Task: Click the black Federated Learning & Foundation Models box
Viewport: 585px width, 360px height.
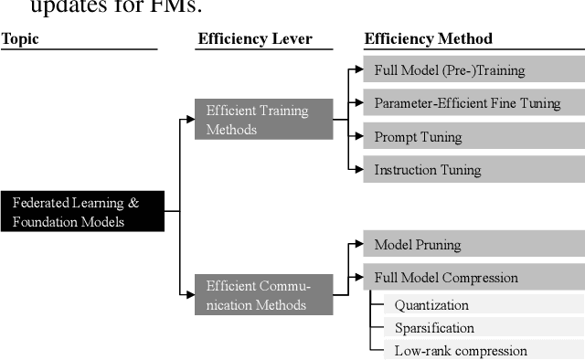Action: [x=81, y=212]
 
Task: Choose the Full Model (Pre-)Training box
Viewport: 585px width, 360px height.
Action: [x=473, y=70]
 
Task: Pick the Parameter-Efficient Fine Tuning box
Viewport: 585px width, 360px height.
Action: [x=473, y=103]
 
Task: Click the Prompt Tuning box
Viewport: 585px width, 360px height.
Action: [x=473, y=137]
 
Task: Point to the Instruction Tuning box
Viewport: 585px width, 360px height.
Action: [x=473, y=170]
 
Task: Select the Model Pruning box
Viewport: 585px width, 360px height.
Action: [x=473, y=245]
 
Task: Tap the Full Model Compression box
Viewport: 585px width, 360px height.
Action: [x=473, y=278]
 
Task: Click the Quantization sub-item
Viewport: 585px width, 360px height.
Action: [x=431, y=305]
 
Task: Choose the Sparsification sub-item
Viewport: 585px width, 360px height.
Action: [x=434, y=327]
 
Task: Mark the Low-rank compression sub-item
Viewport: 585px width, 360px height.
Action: [x=461, y=350]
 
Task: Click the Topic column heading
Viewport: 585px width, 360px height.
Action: [x=20, y=38]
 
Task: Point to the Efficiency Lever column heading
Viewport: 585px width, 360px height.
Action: [x=255, y=38]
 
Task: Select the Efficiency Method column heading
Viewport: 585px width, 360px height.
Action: [x=428, y=38]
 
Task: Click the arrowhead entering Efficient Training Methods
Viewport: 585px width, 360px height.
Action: [x=190, y=120]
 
